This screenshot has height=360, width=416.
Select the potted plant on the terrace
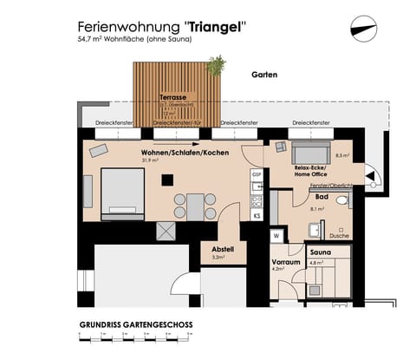(216, 64)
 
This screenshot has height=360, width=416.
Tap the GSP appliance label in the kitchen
(256, 174)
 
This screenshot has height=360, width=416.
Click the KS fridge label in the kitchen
(257, 214)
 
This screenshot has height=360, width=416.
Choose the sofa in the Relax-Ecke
(308, 147)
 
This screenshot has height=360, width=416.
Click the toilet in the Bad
(342, 201)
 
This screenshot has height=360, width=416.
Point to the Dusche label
(339, 236)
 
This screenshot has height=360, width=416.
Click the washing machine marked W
(276, 235)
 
